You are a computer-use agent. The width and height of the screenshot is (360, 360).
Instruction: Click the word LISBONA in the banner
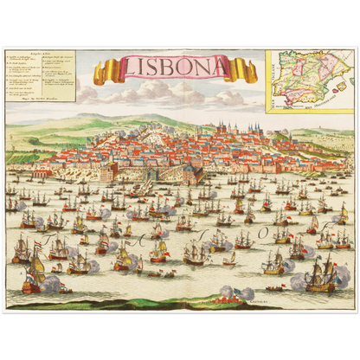click(176, 67)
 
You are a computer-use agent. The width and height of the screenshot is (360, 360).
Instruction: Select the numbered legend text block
click(41, 74)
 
